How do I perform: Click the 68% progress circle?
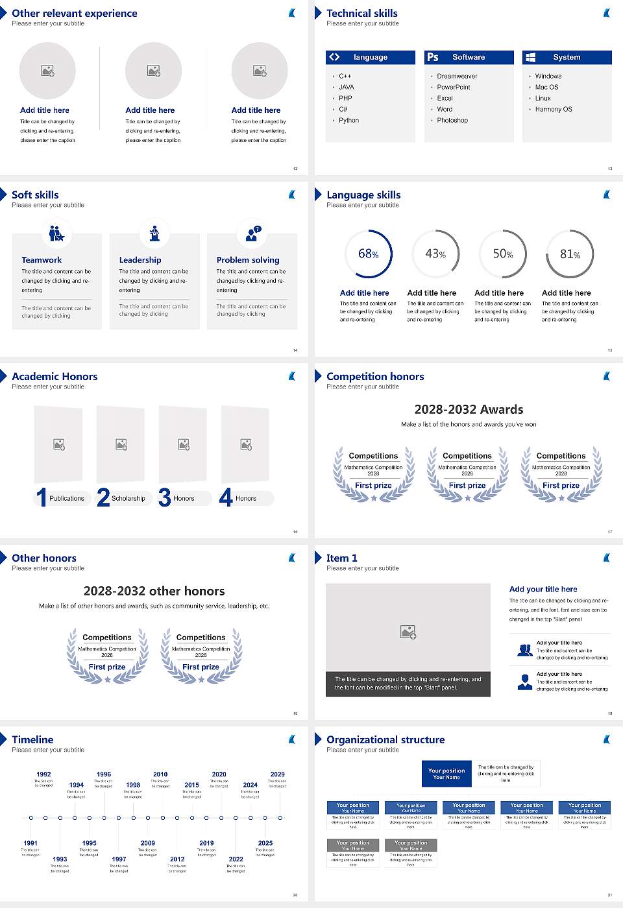click(x=368, y=254)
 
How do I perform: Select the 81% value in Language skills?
click(x=570, y=254)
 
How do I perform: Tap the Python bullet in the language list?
click(x=348, y=120)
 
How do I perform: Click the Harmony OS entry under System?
click(x=554, y=109)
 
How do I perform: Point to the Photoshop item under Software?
click(x=452, y=120)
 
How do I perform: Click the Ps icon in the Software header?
click(x=433, y=57)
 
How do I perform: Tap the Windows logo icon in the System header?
click(x=530, y=57)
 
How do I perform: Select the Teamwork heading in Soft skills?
click(x=42, y=259)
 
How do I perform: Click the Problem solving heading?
click(x=248, y=259)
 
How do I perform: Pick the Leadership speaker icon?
click(x=154, y=233)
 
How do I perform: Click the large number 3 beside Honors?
click(x=165, y=497)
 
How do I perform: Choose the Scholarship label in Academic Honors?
click(x=128, y=498)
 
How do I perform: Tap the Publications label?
click(x=67, y=498)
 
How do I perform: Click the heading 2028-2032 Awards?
click(x=469, y=409)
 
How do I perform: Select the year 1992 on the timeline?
click(x=43, y=774)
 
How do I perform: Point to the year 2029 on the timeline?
click(x=277, y=774)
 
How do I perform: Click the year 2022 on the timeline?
click(x=236, y=859)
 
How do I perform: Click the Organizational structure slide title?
click(x=385, y=739)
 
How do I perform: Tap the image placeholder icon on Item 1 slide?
click(x=408, y=632)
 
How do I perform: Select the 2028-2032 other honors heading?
click(x=154, y=591)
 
